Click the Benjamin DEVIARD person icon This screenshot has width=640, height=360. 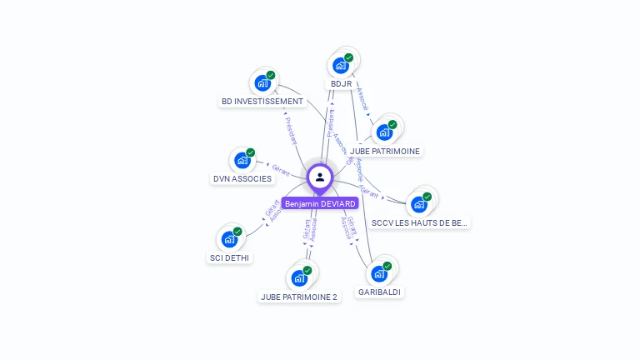(x=320, y=177)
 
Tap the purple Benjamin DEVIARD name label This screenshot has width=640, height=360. (x=320, y=203)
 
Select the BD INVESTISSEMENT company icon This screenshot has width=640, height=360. (x=262, y=82)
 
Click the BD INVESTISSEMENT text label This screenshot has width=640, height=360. (x=262, y=102)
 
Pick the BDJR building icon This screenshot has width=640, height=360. (x=341, y=66)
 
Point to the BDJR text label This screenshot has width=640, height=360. (x=341, y=84)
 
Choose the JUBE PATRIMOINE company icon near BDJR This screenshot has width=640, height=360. (x=384, y=132)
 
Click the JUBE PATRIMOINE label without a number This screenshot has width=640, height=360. (x=385, y=151)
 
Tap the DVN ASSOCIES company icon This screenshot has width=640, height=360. (x=242, y=160)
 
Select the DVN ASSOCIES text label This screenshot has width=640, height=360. (x=242, y=178)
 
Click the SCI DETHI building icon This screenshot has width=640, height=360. (x=229, y=239)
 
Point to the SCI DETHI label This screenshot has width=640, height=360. (x=229, y=257)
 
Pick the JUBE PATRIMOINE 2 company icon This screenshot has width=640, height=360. (x=299, y=277)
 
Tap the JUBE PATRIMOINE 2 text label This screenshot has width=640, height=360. (x=299, y=297)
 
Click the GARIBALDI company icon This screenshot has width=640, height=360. (x=379, y=273)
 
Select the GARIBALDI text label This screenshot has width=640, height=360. (x=379, y=292)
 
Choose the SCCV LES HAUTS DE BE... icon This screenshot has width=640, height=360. (x=419, y=203)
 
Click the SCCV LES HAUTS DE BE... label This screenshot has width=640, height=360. (x=420, y=222)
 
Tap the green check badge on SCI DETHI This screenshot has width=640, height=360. (x=237, y=232)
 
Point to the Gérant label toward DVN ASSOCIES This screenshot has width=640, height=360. (x=281, y=169)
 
